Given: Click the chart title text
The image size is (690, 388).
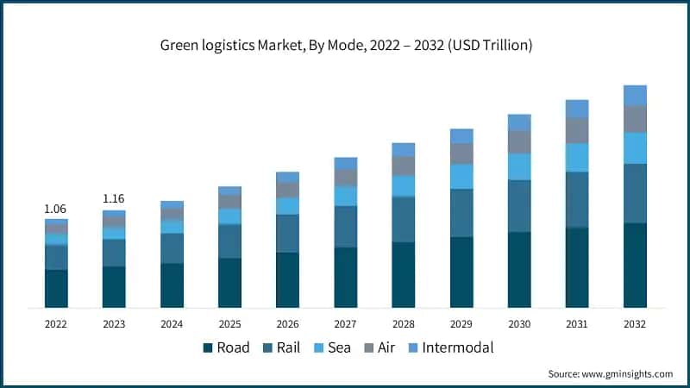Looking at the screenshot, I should pos(344,45).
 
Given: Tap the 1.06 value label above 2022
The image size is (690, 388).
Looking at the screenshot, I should pos(56,209).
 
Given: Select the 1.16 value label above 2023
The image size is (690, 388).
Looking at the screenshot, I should pos(114,199).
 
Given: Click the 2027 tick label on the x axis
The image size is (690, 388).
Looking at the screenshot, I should pos(345,323).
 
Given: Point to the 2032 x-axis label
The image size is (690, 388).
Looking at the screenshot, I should pos(635,323).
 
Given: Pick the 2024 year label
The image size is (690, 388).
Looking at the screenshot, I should pos(172,323).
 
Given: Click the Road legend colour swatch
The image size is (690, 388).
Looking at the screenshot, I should pos(208,348).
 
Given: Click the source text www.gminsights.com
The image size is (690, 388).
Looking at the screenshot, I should pos(610,373).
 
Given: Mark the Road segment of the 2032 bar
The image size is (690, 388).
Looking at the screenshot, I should pos(635,266).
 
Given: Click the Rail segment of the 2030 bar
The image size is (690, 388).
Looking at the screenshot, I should pos(519,206).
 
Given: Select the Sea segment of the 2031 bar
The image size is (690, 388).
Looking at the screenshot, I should pos(577,158).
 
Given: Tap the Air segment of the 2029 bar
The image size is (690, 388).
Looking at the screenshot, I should pos(461,153).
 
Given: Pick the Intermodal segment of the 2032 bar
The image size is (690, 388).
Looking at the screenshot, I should pos(635,95).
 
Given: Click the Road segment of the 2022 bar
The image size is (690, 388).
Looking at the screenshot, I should pos(56,289).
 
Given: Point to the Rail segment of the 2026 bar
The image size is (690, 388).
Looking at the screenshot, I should pos(287,234).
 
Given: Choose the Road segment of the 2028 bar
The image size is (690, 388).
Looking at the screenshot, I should pos(403,275).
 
